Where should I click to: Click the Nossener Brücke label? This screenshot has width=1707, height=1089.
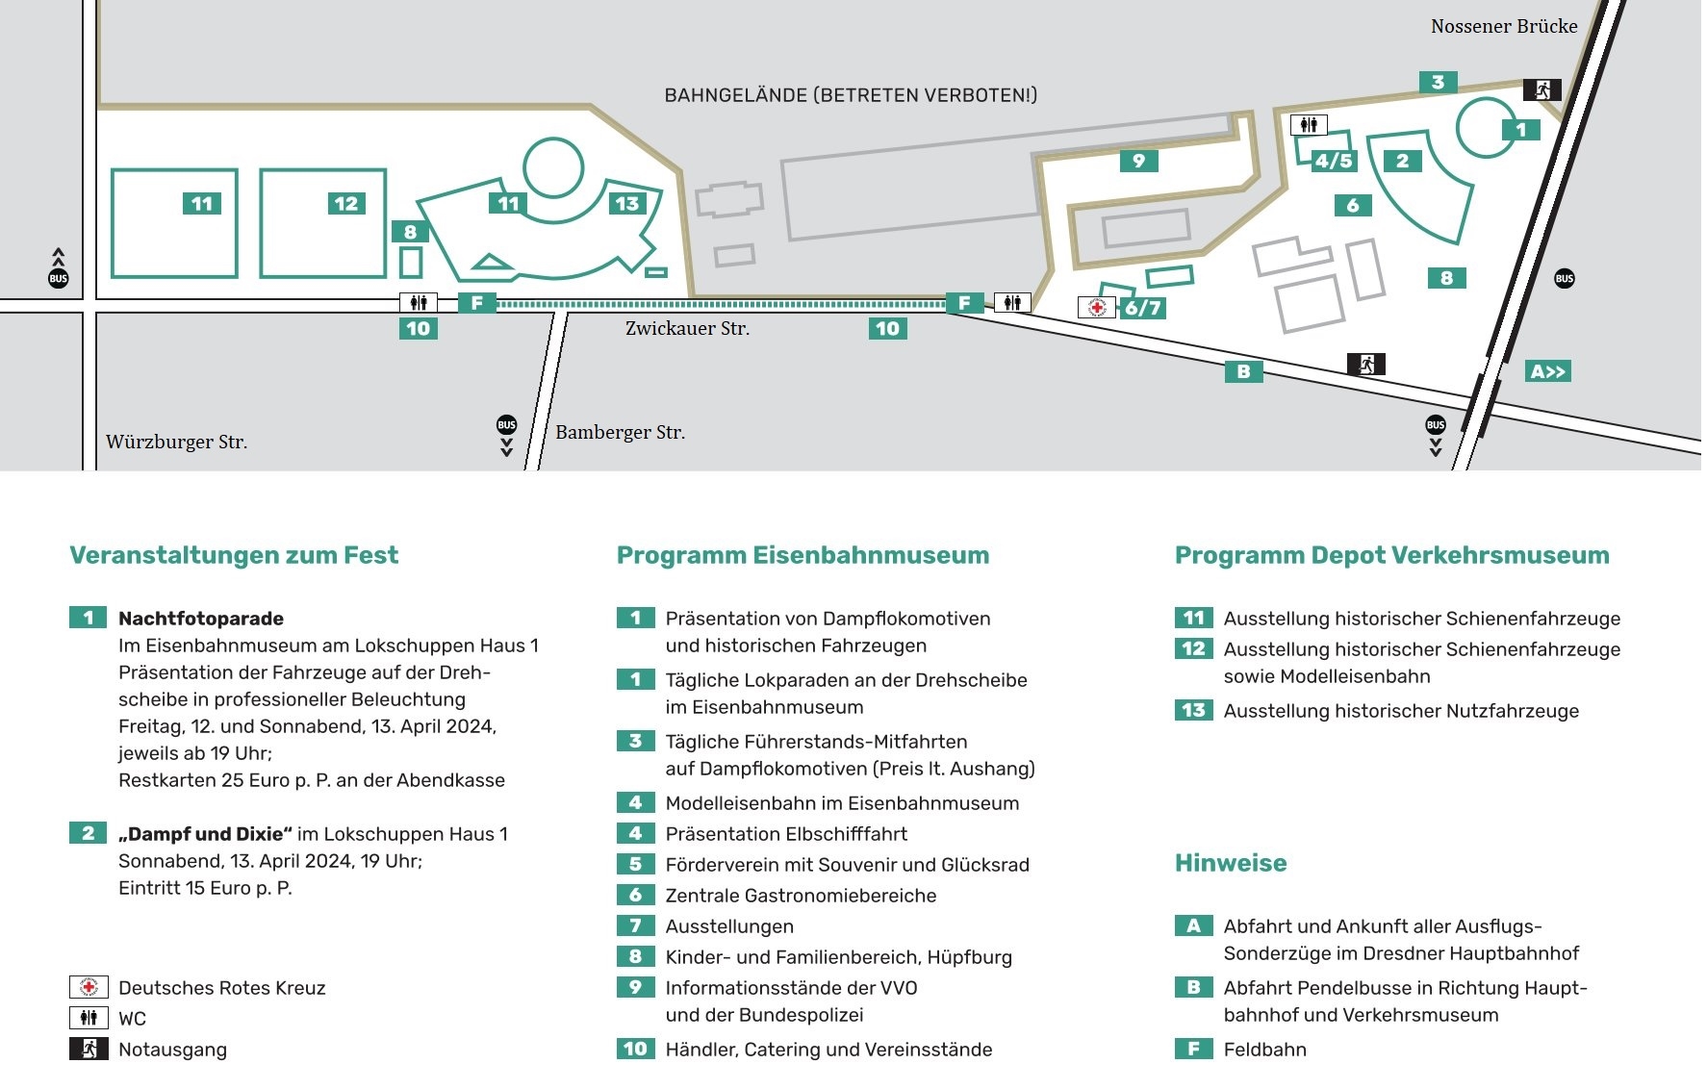tap(1503, 26)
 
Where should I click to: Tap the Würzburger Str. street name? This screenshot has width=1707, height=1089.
tap(176, 442)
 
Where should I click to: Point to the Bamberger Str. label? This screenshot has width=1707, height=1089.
tap(620, 432)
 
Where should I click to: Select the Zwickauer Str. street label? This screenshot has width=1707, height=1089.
tap(687, 328)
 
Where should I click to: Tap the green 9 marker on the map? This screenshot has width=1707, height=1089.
tap(1138, 161)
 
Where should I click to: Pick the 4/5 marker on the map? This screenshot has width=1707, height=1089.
tap(1333, 161)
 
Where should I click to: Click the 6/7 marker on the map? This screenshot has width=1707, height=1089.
tap(1143, 308)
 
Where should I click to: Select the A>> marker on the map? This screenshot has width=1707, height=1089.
tap(1547, 371)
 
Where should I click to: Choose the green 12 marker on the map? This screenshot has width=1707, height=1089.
tap(345, 203)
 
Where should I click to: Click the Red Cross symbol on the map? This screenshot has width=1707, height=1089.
tap(1096, 307)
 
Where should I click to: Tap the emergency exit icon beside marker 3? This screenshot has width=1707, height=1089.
tap(1541, 90)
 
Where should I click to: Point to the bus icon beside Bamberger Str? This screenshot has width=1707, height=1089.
tap(506, 425)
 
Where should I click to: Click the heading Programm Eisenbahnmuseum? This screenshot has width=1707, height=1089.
tap(803, 555)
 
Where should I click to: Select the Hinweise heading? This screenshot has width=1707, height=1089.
tap(1230, 863)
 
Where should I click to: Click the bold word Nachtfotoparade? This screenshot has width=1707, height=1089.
tap(200, 619)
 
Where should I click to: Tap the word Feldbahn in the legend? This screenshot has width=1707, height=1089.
tap(1264, 1050)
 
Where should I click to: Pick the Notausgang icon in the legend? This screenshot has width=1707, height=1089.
tap(89, 1049)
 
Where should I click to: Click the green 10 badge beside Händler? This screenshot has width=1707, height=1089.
tap(635, 1049)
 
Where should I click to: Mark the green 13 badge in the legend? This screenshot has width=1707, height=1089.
tap(1193, 710)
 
